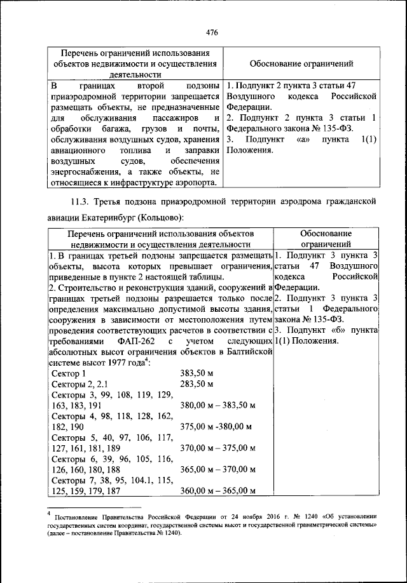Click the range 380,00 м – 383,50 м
coord(217,405)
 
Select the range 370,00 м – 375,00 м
coord(217,448)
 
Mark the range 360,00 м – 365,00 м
coord(217,491)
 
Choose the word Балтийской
coord(245,352)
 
